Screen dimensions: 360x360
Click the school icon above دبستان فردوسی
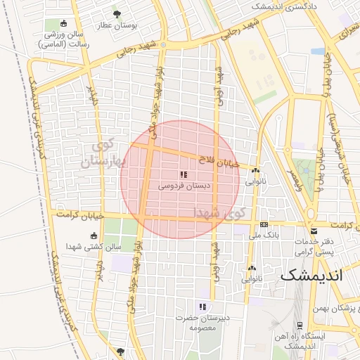[x=184, y=174]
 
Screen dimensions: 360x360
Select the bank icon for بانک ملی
[x=264, y=224]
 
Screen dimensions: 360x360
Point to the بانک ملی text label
[x=261, y=236]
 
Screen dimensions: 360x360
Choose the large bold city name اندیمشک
[x=311, y=275]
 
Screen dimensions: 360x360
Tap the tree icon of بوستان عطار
[x=117, y=13]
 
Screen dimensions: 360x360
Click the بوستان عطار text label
[x=117, y=25]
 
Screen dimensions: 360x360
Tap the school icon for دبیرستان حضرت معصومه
[x=202, y=306]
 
